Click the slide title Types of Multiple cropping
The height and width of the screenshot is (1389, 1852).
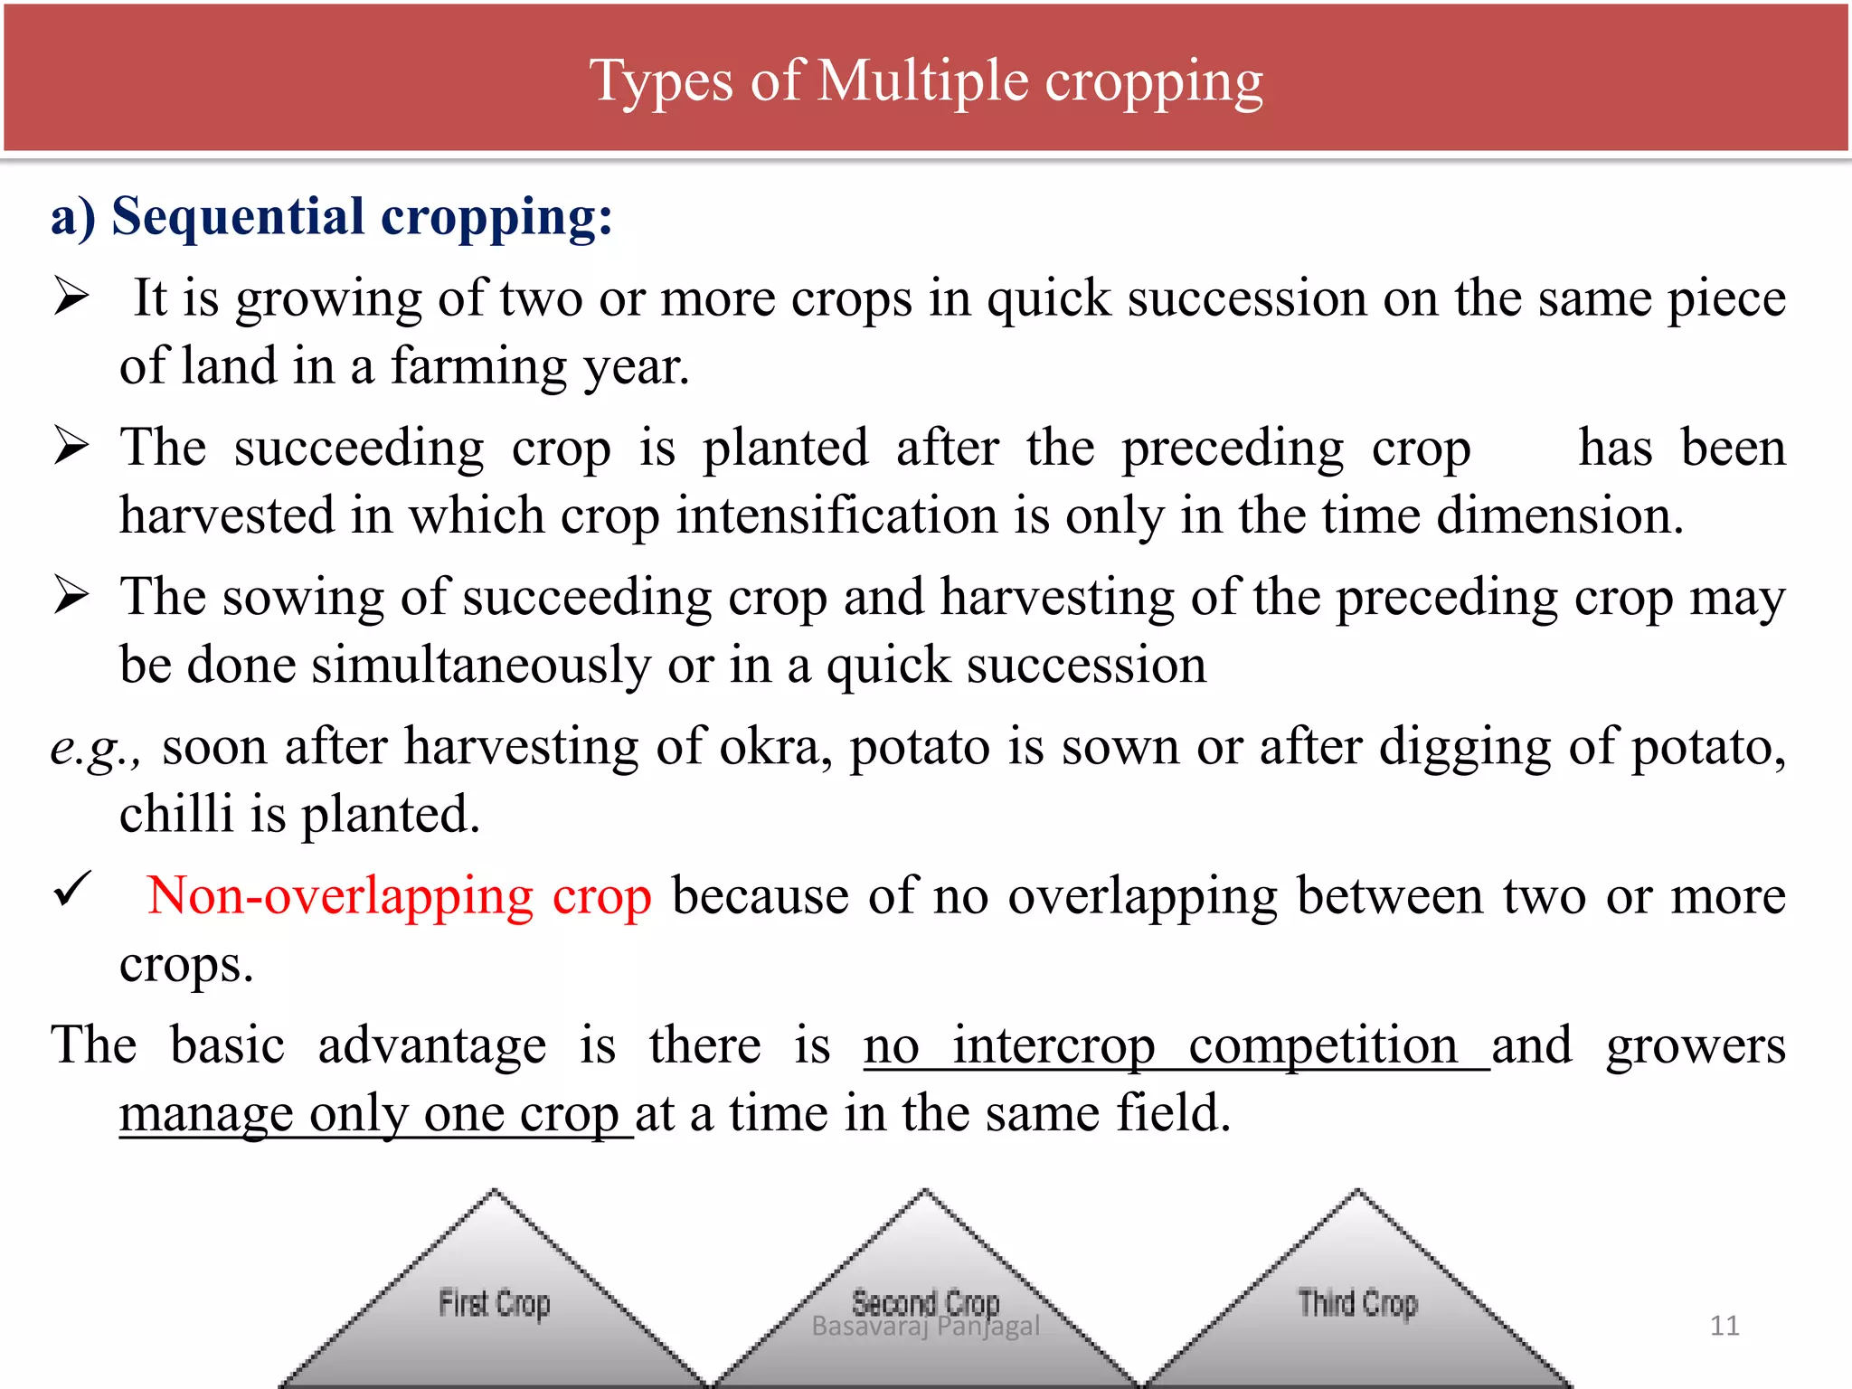[925, 81]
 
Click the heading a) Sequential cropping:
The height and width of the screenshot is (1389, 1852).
[331, 218]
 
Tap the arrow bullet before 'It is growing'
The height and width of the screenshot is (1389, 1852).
[71, 297]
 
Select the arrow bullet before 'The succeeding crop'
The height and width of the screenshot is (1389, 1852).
[71, 446]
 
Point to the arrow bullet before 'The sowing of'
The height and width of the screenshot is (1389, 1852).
[71, 595]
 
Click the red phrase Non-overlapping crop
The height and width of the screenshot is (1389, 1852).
[399, 896]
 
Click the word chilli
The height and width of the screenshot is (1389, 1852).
[176, 814]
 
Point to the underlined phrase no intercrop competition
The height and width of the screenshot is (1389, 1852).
[1175, 1046]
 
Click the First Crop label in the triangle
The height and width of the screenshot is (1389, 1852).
[494, 1303]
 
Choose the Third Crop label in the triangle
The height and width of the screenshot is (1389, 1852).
[1357, 1303]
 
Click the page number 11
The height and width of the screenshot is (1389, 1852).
[1724, 1326]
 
